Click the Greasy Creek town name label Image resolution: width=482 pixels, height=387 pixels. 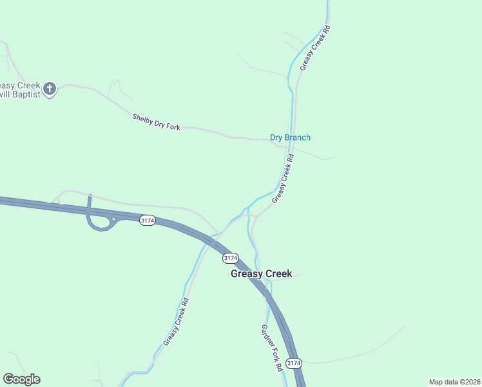pyautogui.click(x=262, y=273)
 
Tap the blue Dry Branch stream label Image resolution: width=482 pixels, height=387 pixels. pyautogui.click(x=290, y=137)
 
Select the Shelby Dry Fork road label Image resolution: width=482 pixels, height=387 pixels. pyautogui.click(x=156, y=122)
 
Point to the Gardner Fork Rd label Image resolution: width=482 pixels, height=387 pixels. pyautogui.click(x=271, y=348)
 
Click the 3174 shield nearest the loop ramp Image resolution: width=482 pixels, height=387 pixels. pyautogui.click(x=147, y=221)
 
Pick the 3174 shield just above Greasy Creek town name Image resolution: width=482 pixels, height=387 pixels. pyautogui.click(x=230, y=258)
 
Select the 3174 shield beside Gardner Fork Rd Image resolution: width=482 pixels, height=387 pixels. pyautogui.click(x=293, y=364)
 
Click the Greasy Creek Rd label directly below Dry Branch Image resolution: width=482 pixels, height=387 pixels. pyautogui.click(x=283, y=177)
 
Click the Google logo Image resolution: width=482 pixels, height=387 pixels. pyautogui.click(x=21, y=379)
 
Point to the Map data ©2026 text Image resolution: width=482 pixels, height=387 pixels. pyautogui.click(x=454, y=381)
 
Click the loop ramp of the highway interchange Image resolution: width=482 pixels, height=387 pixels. pyautogui.click(x=99, y=224)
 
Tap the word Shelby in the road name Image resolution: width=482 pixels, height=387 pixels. pyautogui.click(x=143, y=119)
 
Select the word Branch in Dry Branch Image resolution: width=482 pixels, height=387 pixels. pyautogui.click(x=298, y=137)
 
